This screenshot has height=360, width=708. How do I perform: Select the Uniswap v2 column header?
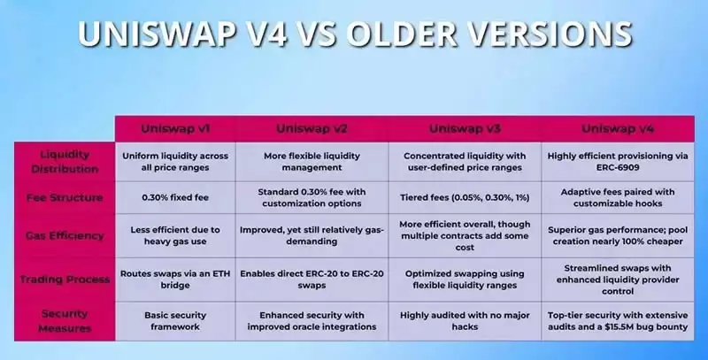coord(316,128)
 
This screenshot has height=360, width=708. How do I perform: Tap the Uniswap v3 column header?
coord(465,128)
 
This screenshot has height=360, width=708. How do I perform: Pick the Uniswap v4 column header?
coord(618,128)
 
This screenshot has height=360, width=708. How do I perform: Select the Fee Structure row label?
coord(63,198)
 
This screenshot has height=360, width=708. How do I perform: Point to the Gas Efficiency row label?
coord(63,235)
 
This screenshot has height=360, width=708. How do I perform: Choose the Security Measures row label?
coord(63,320)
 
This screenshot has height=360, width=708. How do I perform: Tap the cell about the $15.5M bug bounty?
coord(618,320)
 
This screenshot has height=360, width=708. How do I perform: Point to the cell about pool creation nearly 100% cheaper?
coord(618,235)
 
